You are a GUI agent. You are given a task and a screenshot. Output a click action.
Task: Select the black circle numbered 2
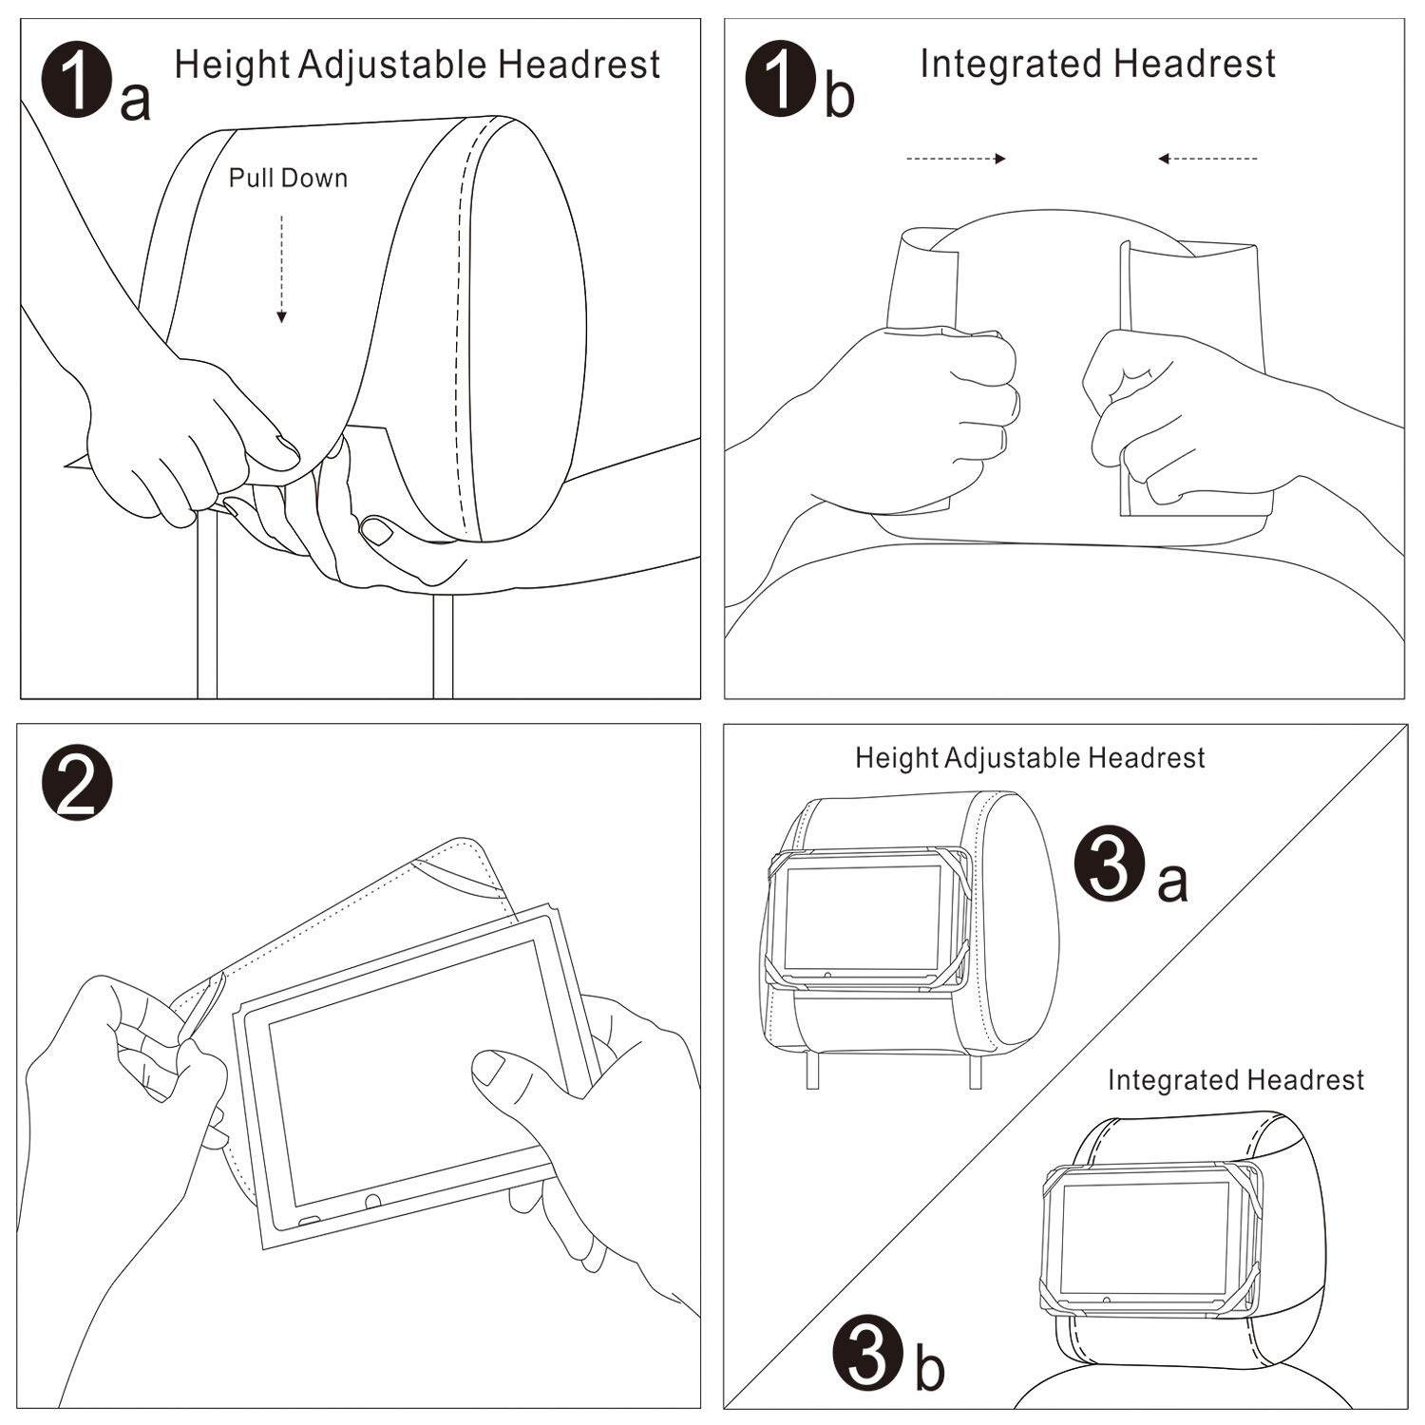(x=77, y=782)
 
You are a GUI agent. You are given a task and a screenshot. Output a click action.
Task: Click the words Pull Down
(x=288, y=179)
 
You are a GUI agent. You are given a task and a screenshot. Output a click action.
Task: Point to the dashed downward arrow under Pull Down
(x=281, y=270)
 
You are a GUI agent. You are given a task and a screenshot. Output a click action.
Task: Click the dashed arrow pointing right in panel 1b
(x=956, y=159)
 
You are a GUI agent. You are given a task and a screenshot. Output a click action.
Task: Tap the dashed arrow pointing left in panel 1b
(x=1207, y=159)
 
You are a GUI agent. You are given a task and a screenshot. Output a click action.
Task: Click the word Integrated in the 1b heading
(x=1010, y=65)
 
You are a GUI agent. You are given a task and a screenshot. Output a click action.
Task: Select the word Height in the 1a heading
(x=232, y=65)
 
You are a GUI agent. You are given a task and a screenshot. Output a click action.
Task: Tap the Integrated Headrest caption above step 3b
(x=1235, y=1080)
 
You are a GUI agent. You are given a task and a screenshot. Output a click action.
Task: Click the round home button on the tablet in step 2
(x=372, y=1202)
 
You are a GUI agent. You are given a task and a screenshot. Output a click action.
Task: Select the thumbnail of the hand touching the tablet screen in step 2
(x=488, y=1068)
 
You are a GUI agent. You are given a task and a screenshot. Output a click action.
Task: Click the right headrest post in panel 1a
(x=443, y=646)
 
